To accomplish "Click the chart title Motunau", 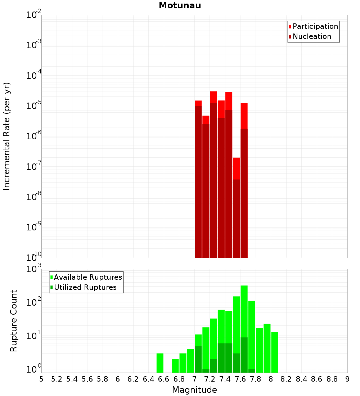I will pos(180,5).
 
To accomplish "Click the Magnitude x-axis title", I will pos(194,390).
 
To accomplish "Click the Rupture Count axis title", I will pos(14,320).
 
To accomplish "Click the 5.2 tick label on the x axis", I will pos(57,379).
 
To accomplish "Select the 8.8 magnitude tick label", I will pos(332,379).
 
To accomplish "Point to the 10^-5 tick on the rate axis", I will pos(34,106).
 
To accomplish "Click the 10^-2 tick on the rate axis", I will pos(34,15).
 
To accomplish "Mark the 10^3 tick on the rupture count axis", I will pos(34,269).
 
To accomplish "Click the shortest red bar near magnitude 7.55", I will pos(236,209).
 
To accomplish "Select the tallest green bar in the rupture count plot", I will pos(244,324).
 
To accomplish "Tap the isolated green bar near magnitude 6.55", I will pos(160,363).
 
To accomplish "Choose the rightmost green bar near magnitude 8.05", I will pos(275,352).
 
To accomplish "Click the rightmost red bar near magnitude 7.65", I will pos(244,180).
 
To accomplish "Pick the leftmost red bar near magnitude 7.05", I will pos(198,180).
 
